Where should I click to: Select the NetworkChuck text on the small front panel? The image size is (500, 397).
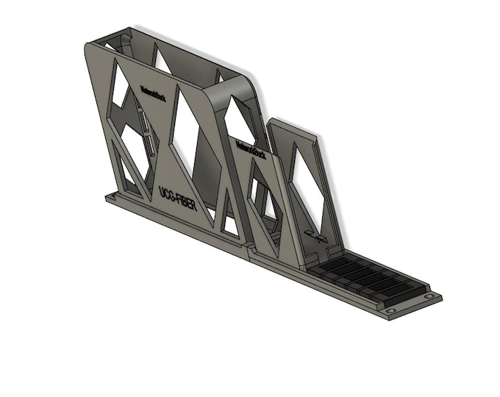[x=250, y=149]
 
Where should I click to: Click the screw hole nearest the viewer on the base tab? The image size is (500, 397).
[x=389, y=312]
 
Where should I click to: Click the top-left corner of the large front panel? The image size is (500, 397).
[x=87, y=45]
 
